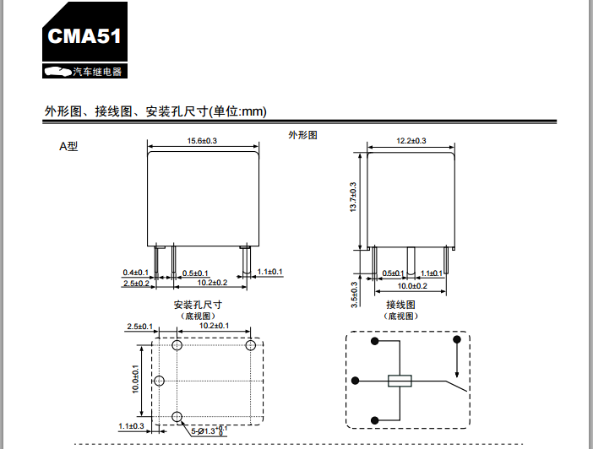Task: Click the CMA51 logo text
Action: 84,36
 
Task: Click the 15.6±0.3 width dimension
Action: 203,141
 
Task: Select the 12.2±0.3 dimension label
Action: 411,141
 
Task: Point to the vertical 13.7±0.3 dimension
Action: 353,197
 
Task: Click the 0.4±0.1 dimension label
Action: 136,273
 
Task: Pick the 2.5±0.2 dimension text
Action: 136,284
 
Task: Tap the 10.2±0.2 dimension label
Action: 215,283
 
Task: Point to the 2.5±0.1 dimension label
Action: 139,326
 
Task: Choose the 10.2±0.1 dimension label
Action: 215,326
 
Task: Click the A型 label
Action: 68,146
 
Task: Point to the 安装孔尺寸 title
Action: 198,305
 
